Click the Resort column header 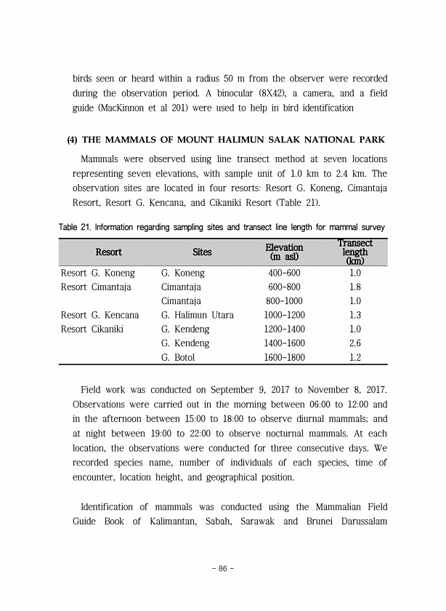coord(108,252)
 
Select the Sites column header coord(203,252)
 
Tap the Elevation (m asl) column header coord(284,252)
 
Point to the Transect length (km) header coord(355,252)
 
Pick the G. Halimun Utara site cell coord(198,316)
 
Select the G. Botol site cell coord(178,358)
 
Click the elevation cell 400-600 coord(283,273)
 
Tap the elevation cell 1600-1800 coord(285,358)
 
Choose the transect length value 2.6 coord(355,343)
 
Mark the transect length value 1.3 coord(355,316)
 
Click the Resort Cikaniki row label coord(92,330)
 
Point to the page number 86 coord(223,568)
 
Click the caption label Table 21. coord(75,226)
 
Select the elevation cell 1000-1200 coord(285,316)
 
